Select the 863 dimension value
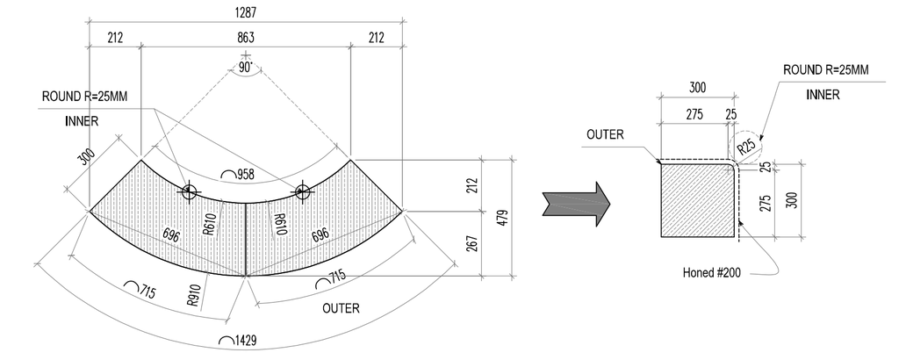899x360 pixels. click(246, 38)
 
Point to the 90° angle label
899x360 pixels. click(246, 67)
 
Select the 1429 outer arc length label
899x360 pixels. click(239, 340)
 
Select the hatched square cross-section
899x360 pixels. click(697, 200)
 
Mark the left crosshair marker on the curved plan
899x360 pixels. click(188, 191)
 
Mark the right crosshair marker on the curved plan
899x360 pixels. click(303, 191)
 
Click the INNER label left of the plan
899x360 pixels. click(82, 121)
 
